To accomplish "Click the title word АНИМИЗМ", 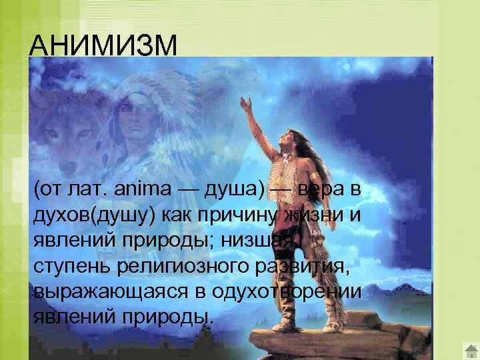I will [x=104, y=47].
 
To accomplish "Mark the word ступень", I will [x=72, y=263].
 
